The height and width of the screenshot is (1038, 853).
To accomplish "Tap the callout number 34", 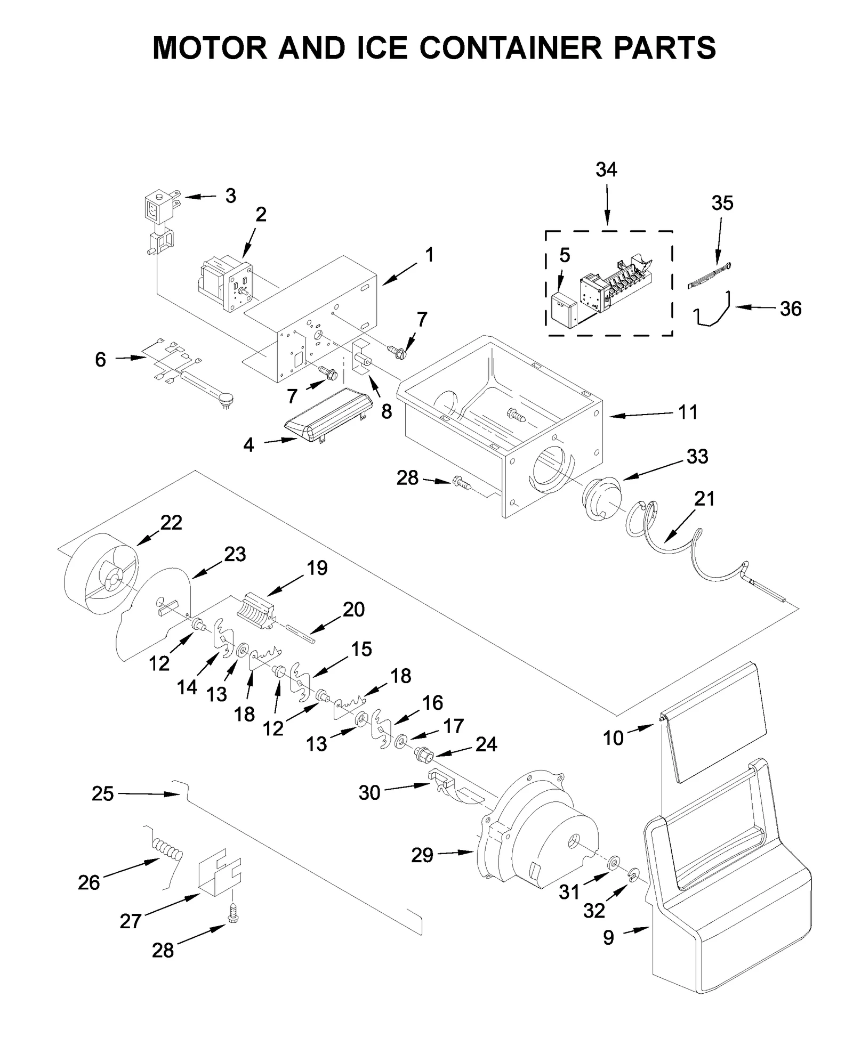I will [x=606, y=169].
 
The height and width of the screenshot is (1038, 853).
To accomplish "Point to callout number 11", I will [x=688, y=412].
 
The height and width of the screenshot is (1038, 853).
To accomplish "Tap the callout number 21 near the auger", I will [x=704, y=499].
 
